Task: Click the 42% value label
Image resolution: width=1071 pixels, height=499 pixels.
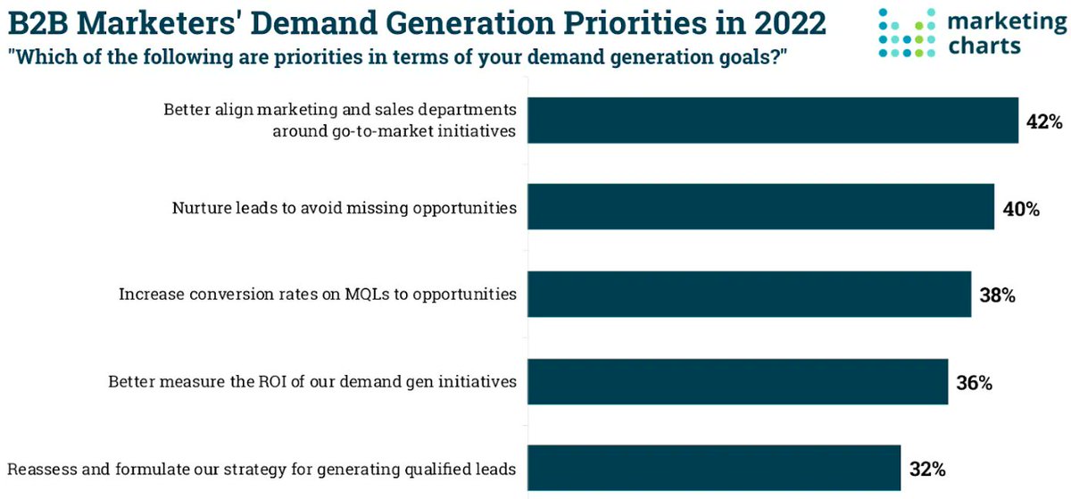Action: pos(1043,122)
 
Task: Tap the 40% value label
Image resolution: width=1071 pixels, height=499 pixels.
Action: pos(1020,209)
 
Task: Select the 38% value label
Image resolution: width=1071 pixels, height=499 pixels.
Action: pos(996,295)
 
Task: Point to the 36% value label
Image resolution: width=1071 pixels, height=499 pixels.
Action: pos(973,382)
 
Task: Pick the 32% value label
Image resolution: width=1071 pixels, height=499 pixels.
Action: pos(926,469)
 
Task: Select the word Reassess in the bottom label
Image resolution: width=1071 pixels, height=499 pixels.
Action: pos(38,468)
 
